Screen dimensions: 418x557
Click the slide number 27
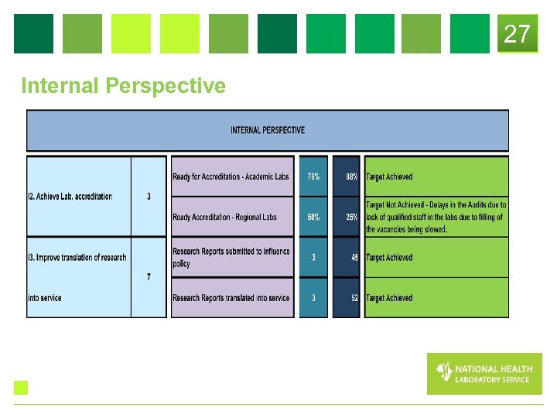[517, 34]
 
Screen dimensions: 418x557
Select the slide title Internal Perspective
[123, 86]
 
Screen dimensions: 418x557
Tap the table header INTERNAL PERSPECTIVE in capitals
[268, 130]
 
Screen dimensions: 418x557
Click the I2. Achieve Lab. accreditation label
[70, 197]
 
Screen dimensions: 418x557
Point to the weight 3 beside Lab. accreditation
[149, 197]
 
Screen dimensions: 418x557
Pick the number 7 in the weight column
[149, 277]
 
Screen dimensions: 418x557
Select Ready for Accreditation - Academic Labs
[231, 176]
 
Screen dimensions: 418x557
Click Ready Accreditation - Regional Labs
[224, 218]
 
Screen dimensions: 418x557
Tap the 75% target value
[313, 176]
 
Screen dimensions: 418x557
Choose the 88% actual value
[351, 176]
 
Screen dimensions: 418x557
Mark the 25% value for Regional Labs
[351, 218]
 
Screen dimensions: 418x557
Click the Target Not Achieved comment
[436, 217]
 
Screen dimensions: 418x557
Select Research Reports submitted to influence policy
[231, 257]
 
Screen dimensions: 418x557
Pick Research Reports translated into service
[231, 298]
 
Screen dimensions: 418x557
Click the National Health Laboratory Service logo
[484, 374]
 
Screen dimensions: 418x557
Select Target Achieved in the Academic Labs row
[389, 176]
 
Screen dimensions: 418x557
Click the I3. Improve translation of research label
[77, 258]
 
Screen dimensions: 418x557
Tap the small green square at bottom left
[21, 388]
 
